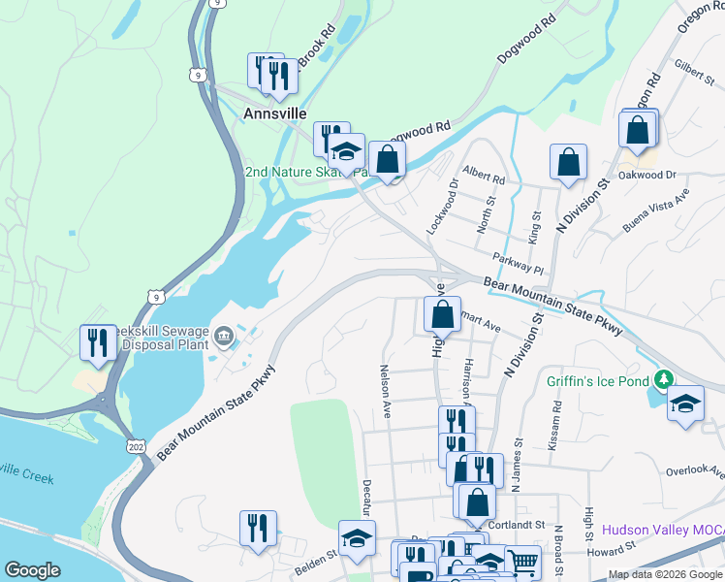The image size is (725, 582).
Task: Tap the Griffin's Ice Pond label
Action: pos(598,380)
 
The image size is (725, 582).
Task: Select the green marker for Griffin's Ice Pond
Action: pos(664,378)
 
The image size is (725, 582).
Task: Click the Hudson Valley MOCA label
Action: pos(662,530)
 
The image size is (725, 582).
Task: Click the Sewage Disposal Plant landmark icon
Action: pos(224,337)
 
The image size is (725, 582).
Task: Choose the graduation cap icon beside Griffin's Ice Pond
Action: pos(685,404)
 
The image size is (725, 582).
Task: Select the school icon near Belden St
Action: pos(357,539)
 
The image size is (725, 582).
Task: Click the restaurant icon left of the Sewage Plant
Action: pos(97,342)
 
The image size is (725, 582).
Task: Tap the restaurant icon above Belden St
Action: pos(258,529)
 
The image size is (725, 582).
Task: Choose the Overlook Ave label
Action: pos(695,472)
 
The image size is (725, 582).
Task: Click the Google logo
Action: pos(33,569)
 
